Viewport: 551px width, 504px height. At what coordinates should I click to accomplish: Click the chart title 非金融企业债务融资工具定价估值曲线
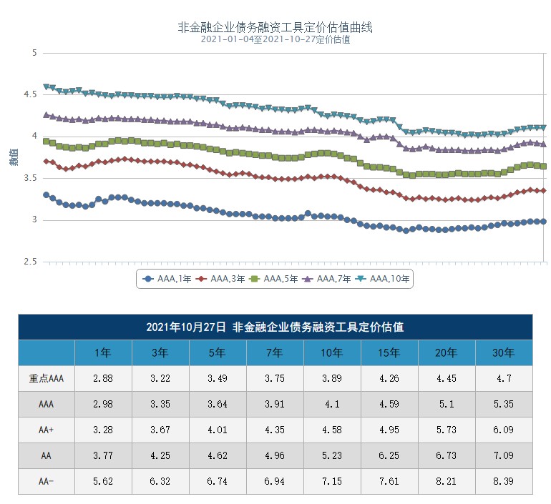[275, 28]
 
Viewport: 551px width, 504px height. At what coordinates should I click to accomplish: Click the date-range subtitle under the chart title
[275, 40]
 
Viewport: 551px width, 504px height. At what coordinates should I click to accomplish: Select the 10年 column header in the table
[332, 352]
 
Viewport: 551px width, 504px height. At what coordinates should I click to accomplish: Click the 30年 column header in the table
[504, 352]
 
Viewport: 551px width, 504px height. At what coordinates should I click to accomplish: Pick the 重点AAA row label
[47, 379]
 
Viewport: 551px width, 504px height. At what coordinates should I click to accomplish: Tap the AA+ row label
[47, 430]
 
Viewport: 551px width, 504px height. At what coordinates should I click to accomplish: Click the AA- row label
[47, 481]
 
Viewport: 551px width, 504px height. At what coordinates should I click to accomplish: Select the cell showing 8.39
[504, 481]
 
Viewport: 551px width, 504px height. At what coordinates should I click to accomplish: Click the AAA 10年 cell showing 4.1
[332, 404]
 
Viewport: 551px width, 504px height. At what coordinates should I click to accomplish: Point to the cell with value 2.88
[103, 379]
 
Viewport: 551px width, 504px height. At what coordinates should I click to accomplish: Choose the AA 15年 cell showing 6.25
[389, 455]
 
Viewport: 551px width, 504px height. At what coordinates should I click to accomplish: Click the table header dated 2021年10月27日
[275, 327]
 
